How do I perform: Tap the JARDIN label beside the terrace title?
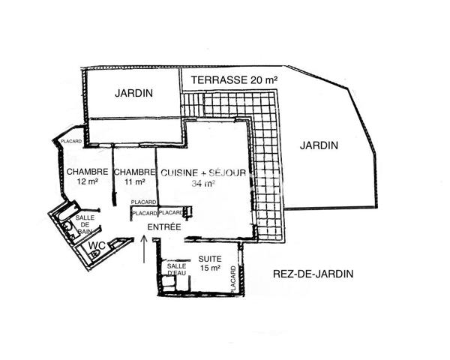[134, 94]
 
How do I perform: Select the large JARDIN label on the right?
[319, 145]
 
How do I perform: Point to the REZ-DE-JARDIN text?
[312, 274]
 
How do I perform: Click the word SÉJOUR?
[228, 172]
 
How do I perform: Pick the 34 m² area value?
[203, 183]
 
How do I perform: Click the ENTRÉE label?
[163, 227]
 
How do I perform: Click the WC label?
[96, 244]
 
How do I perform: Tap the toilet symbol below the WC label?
[94, 255]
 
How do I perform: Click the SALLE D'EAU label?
[177, 269]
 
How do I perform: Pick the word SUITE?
[209, 259]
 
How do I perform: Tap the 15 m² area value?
[209, 268]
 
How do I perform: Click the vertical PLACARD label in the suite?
[233, 279]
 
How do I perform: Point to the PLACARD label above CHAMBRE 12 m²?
[71, 141]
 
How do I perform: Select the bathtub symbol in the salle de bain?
[67, 226]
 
